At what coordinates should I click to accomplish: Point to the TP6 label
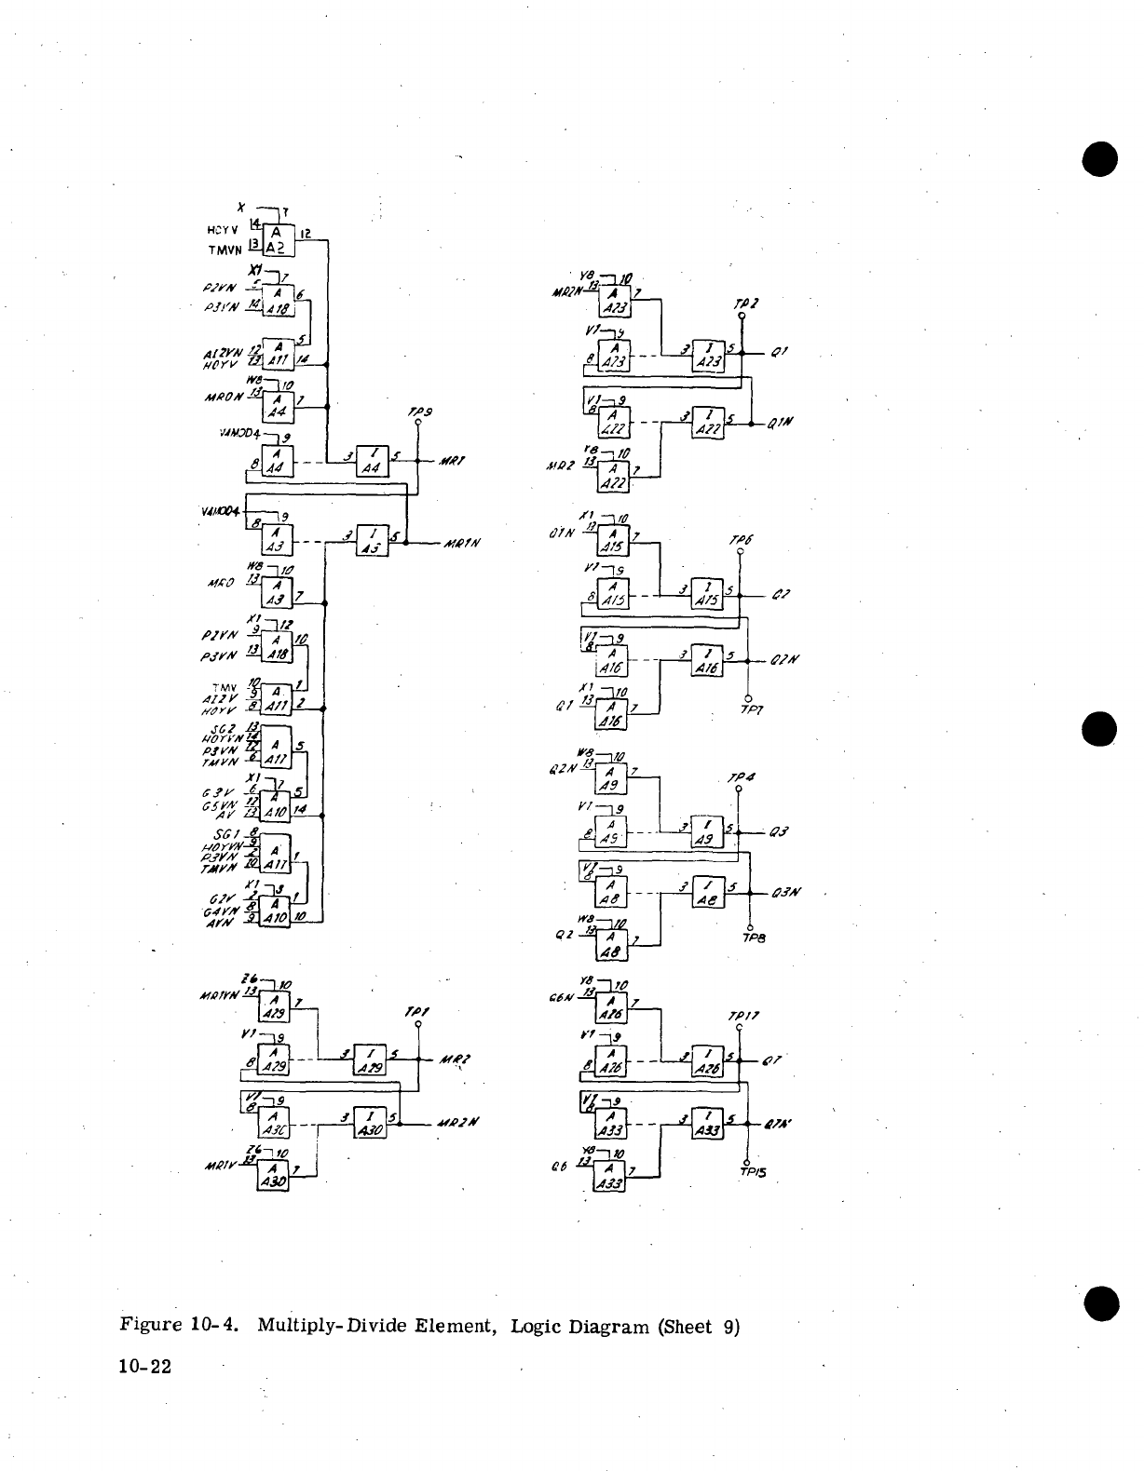[x=742, y=540]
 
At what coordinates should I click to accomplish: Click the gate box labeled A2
[x=278, y=240]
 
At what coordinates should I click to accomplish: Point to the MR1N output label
[x=461, y=544]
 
